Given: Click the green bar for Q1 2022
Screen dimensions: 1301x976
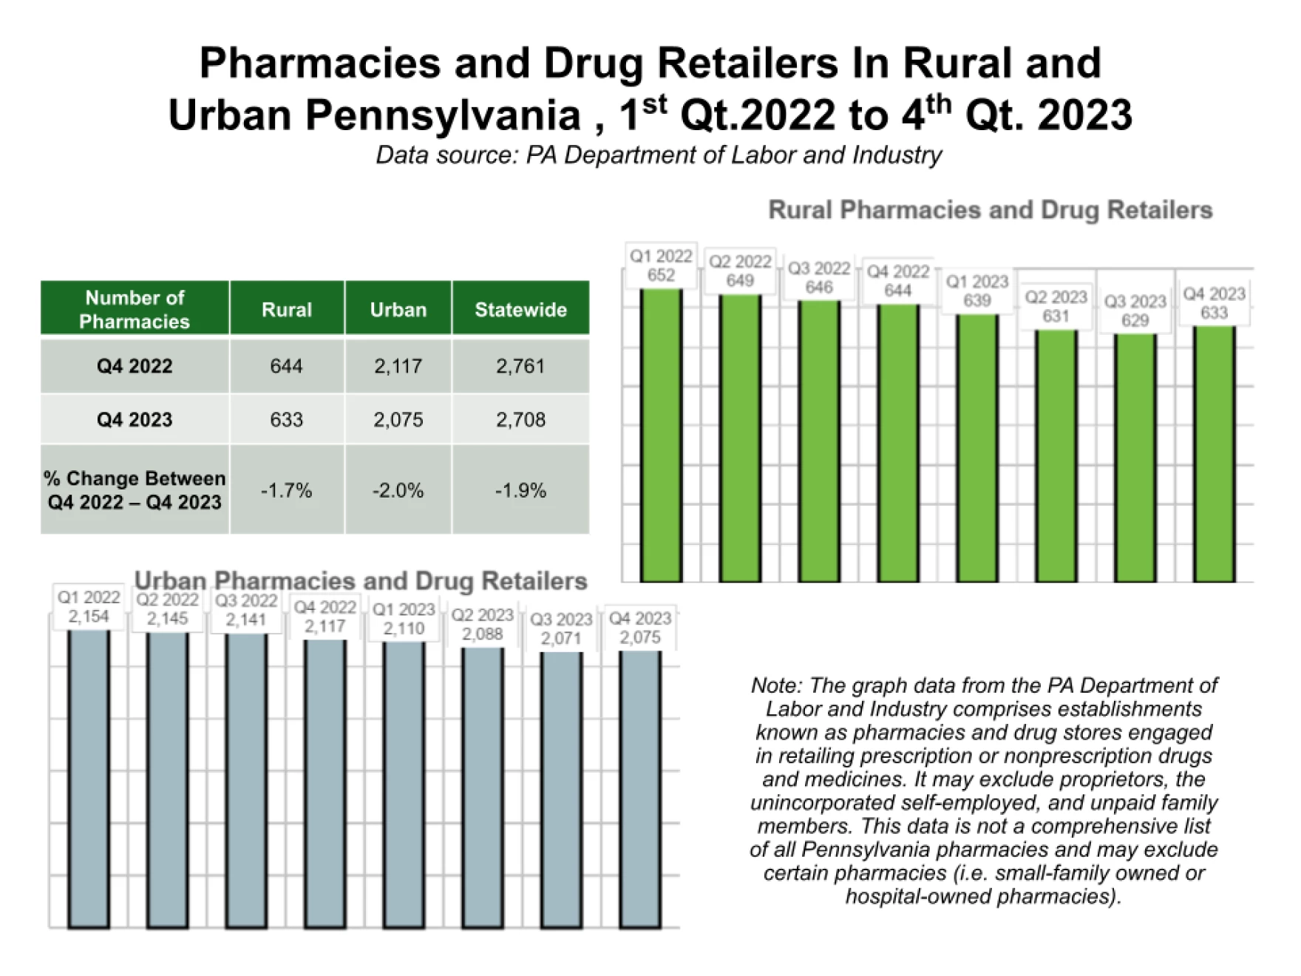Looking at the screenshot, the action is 661,435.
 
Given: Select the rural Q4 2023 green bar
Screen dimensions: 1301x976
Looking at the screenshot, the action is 1214,453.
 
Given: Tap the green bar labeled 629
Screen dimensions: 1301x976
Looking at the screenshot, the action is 1135,458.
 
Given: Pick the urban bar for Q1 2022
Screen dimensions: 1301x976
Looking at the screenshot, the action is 89,779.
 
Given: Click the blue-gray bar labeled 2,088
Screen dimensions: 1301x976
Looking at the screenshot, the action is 483,788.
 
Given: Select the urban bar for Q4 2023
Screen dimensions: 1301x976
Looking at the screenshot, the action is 640,790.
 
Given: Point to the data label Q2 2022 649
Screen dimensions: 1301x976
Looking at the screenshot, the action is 740,271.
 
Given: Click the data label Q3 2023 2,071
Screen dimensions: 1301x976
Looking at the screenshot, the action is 561,628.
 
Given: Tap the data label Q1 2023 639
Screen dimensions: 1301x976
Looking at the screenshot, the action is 977,291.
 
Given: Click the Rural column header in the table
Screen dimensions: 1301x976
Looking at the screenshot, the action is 287,309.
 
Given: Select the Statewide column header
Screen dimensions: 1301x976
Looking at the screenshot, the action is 520,309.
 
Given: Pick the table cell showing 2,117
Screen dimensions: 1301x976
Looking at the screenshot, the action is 398,366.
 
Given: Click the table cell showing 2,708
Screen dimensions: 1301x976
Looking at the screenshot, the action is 520,419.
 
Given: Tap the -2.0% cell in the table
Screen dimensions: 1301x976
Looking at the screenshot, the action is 398,489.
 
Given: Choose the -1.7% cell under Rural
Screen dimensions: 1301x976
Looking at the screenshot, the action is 287,489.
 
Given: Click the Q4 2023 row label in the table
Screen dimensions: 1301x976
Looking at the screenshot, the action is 135,419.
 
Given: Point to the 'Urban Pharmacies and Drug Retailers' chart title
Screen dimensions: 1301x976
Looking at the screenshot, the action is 361,581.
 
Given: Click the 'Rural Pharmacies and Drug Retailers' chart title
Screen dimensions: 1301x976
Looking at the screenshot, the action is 991,210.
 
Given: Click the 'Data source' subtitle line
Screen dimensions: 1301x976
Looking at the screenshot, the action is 659,155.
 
